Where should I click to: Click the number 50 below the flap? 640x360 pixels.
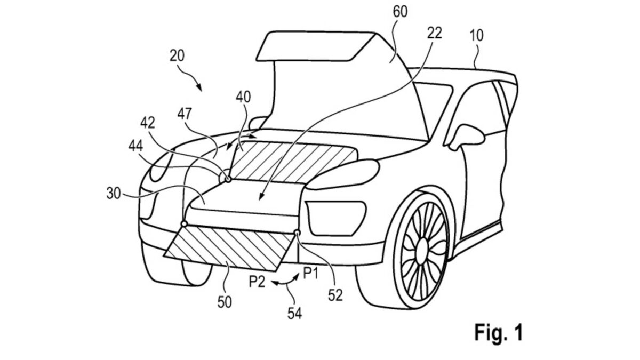(225, 302)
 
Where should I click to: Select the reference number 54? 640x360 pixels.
(295, 315)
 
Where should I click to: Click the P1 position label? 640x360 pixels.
(312, 273)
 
